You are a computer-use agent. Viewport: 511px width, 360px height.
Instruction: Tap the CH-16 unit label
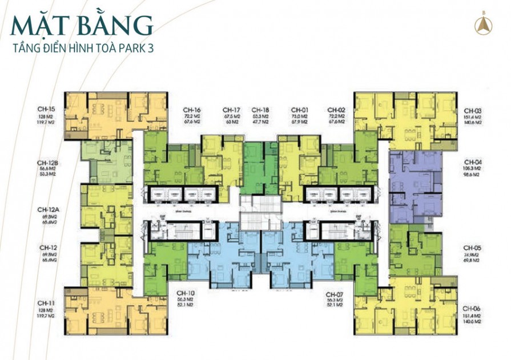pyautogui.click(x=191, y=110)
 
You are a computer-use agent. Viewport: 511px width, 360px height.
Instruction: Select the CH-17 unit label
pyautogui.click(x=230, y=110)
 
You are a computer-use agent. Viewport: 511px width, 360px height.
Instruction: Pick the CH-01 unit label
pyautogui.click(x=300, y=110)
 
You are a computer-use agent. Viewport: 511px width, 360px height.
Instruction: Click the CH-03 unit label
pyautogui.click(x=473, y=110)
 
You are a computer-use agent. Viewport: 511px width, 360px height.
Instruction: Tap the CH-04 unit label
pyautogui.click(x=473, y=162)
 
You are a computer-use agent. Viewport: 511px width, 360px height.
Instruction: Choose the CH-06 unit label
pyautogui.click(x=473, y=308)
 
